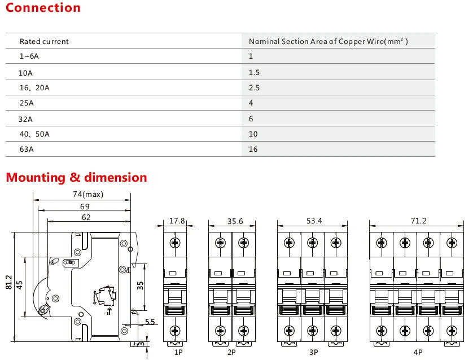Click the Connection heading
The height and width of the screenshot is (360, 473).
coord(43,8)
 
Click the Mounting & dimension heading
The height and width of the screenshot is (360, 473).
coord(76,177)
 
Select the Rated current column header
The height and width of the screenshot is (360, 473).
coord(44,41)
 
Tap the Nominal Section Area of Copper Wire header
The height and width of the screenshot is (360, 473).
coord(328,41)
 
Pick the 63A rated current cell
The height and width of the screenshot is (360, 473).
coord(27,150)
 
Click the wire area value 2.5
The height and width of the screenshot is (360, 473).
coord(254,87)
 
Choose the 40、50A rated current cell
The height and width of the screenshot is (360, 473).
coord(34,134)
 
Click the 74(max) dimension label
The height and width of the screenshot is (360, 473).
coord(88,195)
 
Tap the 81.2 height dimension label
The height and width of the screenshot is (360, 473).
coord(8,282)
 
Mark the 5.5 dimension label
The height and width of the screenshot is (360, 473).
coord(150,322)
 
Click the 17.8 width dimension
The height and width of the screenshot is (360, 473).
coord(177,221)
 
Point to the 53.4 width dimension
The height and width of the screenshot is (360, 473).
coord(314,221)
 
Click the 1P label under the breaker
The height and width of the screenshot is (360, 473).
coord(178,352)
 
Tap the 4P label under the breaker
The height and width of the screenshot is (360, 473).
coord(417,352)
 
